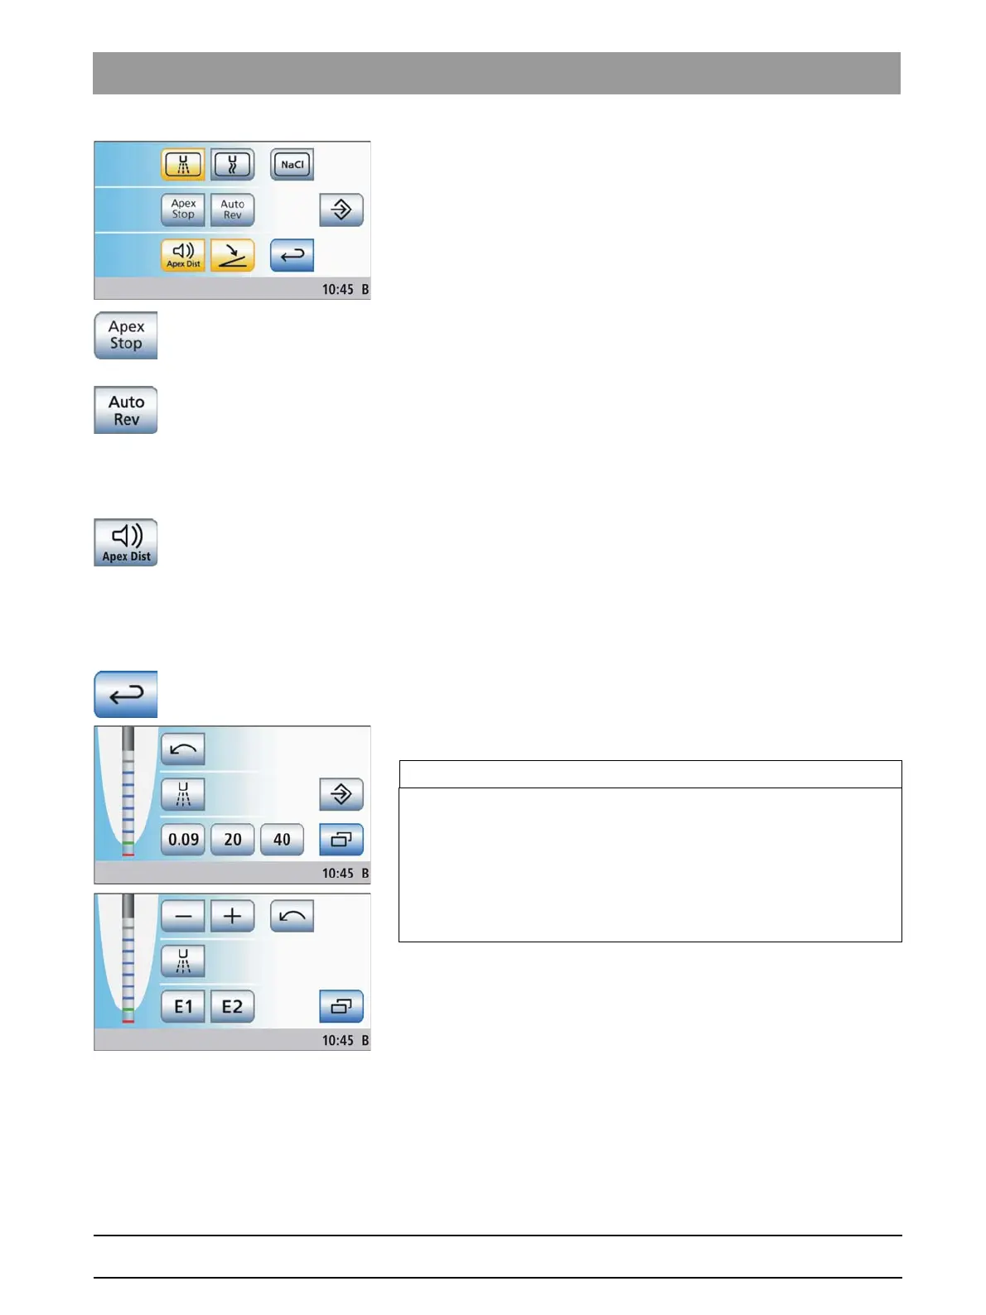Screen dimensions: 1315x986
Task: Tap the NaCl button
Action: point(292,165)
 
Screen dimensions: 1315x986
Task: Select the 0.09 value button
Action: point(183,840)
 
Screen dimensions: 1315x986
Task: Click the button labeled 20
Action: point(233,840)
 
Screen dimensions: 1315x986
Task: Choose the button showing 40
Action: point(282,840)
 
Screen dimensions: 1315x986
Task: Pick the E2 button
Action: point(233,1007)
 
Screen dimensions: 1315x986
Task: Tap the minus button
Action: point(183,916)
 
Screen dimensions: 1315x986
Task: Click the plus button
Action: point(233,916)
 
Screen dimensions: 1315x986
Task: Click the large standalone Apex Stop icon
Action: point(126,335)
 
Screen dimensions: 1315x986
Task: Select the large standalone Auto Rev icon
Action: point(126,410)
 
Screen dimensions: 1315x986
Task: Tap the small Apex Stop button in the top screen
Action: point(183,210)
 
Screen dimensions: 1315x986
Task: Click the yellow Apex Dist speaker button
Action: point(183,255)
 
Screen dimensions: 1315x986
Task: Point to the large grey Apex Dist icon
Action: point(126,543)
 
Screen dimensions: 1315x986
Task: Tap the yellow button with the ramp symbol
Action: point(233,255)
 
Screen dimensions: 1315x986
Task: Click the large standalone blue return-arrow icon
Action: point(126,695)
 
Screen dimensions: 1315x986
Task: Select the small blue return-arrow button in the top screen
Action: point(292,255)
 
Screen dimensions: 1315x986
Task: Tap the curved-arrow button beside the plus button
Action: point(292,916)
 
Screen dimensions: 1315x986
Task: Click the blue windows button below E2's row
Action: point(341,1007)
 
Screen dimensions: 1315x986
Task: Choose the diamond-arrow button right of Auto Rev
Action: point(341,210)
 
